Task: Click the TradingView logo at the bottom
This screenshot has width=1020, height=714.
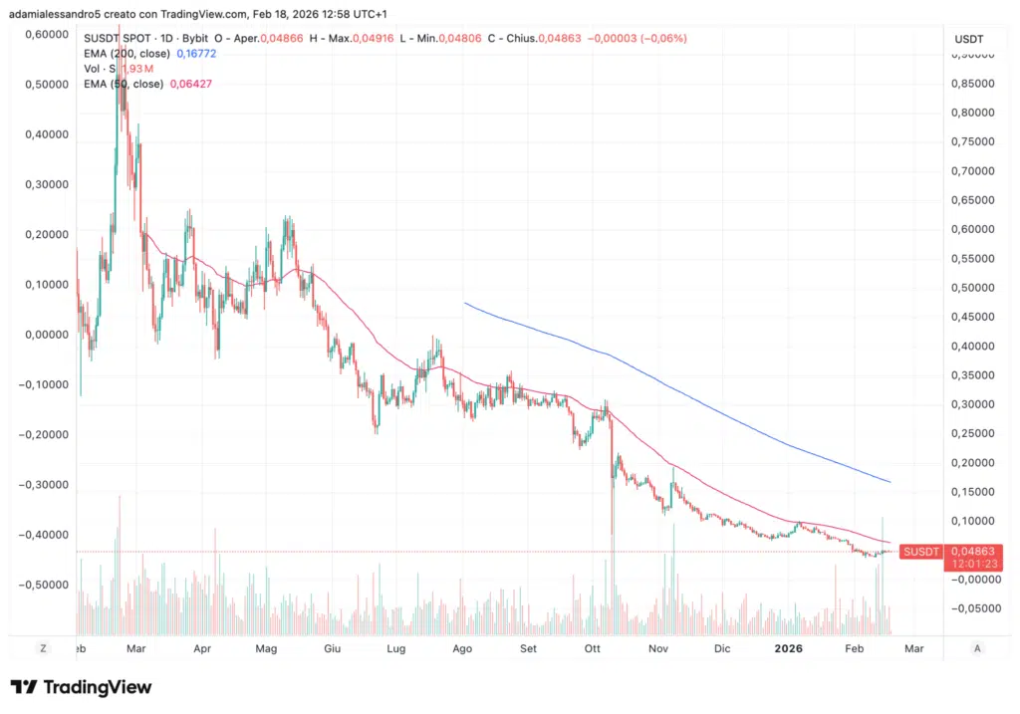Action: tap(81, 687)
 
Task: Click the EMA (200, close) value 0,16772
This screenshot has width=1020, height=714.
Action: tap(196, 53)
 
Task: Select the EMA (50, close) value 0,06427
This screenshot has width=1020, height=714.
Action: tap(191, 84)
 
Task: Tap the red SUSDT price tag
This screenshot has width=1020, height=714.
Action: tap(920, 551)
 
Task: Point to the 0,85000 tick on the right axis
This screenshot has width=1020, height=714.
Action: tap(970, 84)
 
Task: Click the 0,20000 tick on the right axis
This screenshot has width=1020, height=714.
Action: tap(970, 462)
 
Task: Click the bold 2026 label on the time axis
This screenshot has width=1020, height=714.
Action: tap(788, 648)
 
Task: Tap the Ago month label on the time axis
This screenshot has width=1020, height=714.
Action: tap(461, 648)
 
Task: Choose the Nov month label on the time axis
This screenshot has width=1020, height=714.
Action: tap(657, 648)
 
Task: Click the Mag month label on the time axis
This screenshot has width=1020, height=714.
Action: tap(266, 648)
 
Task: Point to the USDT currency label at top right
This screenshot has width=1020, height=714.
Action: tap(969, 38)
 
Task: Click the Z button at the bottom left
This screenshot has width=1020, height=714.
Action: tap(43, 648)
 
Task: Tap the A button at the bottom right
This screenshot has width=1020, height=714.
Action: tap(977, 648)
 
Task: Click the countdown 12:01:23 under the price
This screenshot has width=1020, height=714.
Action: tap(970, 563)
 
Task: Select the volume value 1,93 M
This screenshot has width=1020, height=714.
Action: tap(137, 68)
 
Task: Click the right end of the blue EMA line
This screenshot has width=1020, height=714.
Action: tap(890, 482)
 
